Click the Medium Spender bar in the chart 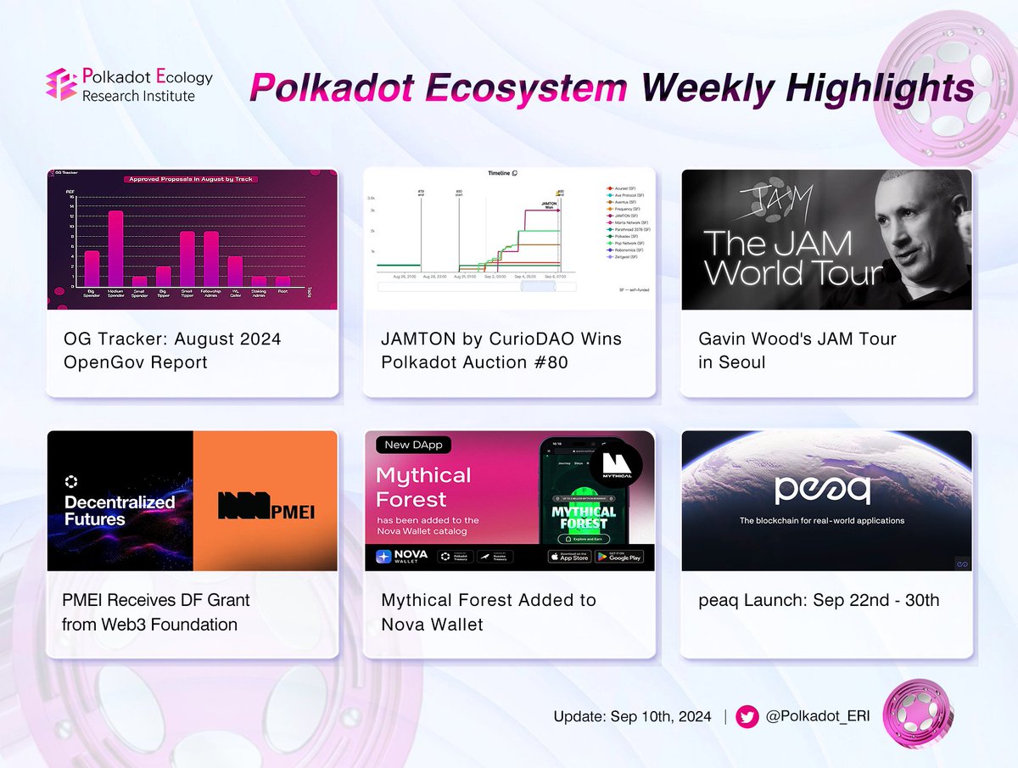click(115, 248)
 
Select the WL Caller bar click(235, 271)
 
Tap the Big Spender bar click(92, 267)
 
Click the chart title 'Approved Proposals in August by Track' click(192, 179)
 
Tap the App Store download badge click(568, 557)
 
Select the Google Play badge click(618, 557)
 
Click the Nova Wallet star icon click(386, 557)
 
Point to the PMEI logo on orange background click(256, 504)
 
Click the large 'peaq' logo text click(826, 490)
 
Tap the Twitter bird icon click(747, 716)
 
